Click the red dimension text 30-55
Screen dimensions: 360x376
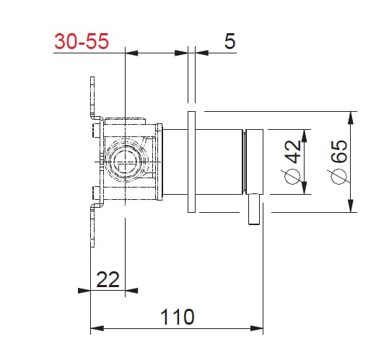click(82, 41)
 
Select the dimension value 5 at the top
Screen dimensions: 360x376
click(229, 41)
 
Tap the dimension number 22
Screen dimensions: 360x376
click(108, 279)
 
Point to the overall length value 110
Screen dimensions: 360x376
click(177, 317)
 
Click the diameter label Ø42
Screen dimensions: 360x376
click(293, 162)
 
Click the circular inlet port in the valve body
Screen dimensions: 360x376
click(126, 162)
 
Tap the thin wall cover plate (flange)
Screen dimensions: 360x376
click(191, 162)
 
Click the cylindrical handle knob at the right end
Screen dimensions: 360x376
click(255, 162)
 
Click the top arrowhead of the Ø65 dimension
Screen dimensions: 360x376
click(351, 116)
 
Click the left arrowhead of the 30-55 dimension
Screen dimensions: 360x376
click(131, 52)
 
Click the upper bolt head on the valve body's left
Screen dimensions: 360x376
click(96, 130)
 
